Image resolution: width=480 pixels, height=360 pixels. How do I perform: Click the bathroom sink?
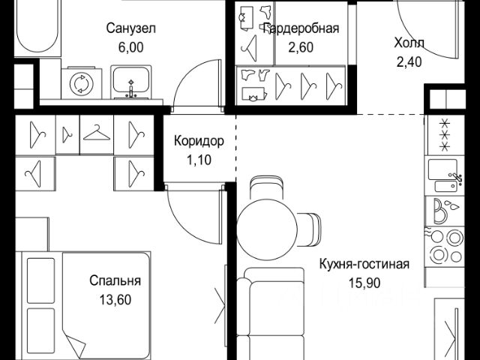132,81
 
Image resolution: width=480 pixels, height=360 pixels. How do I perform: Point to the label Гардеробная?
300,29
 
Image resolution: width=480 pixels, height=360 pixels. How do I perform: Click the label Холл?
409,42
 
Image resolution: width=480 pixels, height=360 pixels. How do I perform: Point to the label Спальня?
115,282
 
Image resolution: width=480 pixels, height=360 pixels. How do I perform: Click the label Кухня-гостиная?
364,264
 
